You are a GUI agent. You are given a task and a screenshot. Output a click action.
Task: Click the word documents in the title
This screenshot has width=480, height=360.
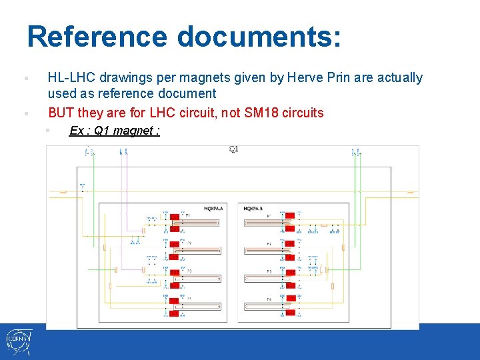[x=259, y=37]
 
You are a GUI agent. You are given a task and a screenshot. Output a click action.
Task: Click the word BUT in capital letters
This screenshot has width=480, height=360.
[x=61, y=113]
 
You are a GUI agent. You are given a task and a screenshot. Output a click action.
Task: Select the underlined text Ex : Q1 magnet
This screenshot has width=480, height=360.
[x=114, y=131]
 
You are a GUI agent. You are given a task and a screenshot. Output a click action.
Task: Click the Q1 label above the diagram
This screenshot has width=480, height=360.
[x=233, y=149]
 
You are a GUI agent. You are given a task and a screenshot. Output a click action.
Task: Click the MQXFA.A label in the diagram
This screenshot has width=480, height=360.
[x=213, y=209]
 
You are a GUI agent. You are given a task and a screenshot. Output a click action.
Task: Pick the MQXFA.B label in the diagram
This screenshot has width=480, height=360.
[x=253, y=209]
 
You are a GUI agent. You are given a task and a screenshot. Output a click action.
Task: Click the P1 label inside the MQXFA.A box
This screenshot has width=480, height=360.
[x=188, y=215]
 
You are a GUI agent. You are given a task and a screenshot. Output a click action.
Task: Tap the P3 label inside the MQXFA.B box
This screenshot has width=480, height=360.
[x=269, y=271]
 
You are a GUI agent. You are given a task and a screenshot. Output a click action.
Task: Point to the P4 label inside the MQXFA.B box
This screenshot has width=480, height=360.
[x=269, y=299]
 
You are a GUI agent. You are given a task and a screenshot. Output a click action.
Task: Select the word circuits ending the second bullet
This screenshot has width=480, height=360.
[x=303, y=113]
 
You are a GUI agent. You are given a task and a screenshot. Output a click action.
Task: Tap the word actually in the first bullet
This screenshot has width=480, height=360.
[x=400, y=78]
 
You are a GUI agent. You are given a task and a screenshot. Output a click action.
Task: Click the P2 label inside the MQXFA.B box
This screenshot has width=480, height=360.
[x=269, y=243]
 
